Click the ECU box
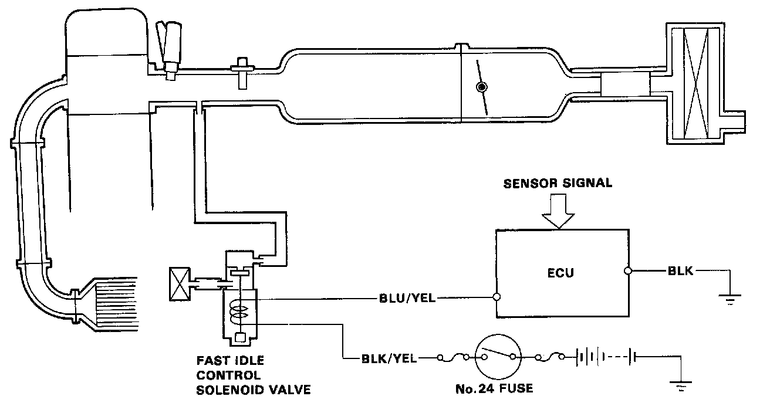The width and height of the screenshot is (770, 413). pyautogui.click(x=560, y=273)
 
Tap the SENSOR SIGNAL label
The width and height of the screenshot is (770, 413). pyautogui.click(x=558, y=184)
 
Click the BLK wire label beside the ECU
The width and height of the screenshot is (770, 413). pyautogui.click(x=681, y=271)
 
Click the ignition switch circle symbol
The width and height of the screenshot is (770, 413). pyautogui.click(x=498, y=357)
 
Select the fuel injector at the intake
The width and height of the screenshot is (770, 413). pyautogui.click(x=172, y=50)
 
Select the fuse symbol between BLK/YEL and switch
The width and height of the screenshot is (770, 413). pyautogui.click(x=452, y=357)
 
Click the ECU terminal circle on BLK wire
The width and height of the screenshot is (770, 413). pyautogui.click(x=627, y=271)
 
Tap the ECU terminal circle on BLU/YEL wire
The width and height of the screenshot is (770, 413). pyautogui.click(x=497, y=297)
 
